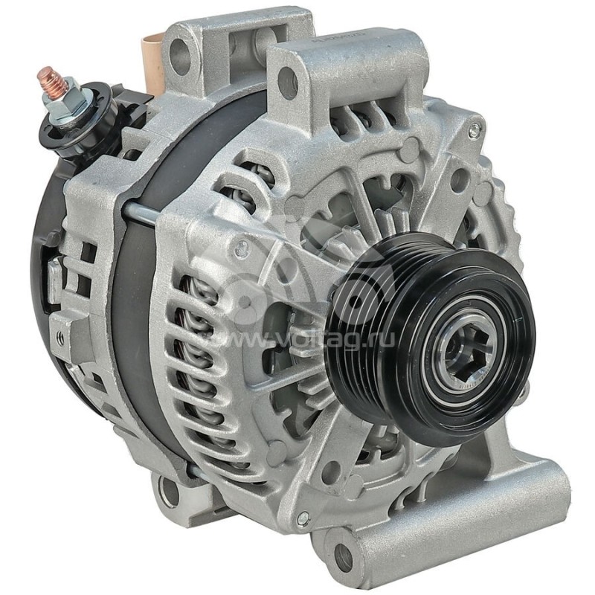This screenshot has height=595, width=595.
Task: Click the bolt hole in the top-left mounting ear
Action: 179,53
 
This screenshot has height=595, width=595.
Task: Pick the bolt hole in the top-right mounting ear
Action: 288,83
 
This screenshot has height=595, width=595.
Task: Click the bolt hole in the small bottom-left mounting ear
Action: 169,492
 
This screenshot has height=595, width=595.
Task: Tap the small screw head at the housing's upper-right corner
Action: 474,130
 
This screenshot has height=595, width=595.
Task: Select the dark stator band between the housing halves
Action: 138,297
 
